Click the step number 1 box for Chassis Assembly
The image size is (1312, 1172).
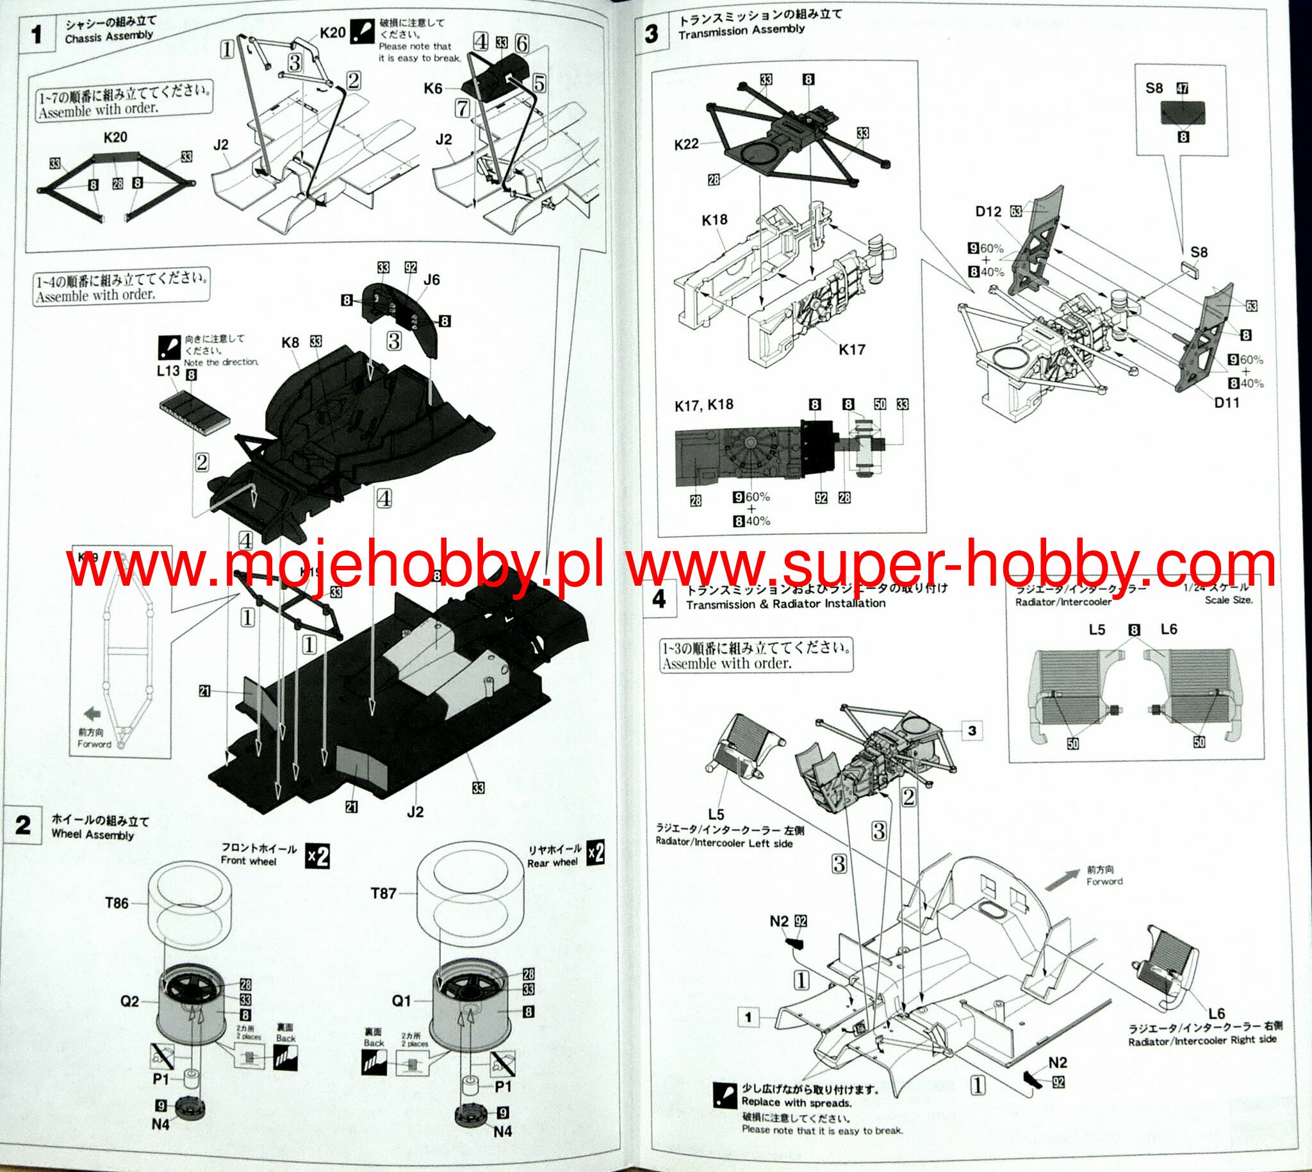(x=37, y=35)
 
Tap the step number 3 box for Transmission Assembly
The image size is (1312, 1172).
(x=651, y=33)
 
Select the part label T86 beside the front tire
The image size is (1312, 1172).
(x=117, y=903)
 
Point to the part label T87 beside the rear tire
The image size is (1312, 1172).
(x=383, y=893)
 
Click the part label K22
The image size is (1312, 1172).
(x=686, y=144)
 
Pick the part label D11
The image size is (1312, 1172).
(x=1227, y=402)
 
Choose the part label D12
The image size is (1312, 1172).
(x=988, y=211)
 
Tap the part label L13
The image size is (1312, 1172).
(x=168, y=371)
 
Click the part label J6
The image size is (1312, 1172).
(x=431, y=279)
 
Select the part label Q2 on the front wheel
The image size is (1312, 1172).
(x=129, y=1001)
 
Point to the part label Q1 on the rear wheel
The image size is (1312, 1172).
(x=401, y=1001)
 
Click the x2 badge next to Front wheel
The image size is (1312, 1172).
(x=317, y=857)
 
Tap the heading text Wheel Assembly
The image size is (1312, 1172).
(x=92, y=835)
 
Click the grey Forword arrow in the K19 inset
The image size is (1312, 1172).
(x=93, y=713)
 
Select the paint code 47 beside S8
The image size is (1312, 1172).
(x=1182, y=88)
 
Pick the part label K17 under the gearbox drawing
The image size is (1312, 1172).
(x=851, y=350)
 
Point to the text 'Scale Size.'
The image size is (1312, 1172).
(x=1228, y=600)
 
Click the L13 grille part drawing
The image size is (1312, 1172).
(x=193, y=409)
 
